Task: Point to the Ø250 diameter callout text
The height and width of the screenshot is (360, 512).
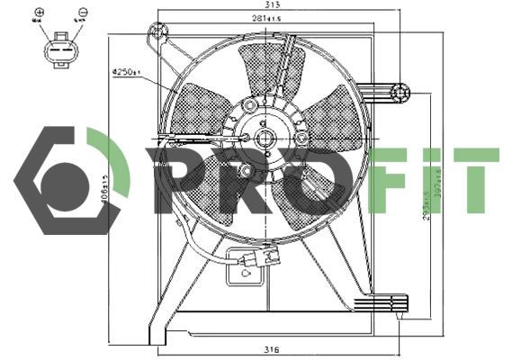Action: pos(122,71)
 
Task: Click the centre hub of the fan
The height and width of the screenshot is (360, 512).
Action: pos(265,138)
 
